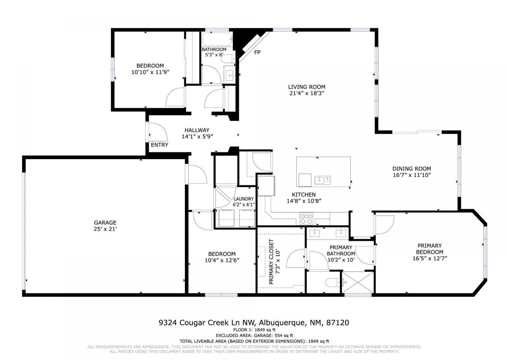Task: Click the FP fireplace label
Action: [x=257, y=52]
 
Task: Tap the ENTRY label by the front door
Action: [x=159, y=145]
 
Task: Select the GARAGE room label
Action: [x=105, y=222]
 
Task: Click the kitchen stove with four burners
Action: [x=306, y=219]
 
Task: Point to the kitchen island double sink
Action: [x=322, y=180]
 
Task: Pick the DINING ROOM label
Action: [x=412, y=169]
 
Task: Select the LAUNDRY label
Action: [x=244, y=199]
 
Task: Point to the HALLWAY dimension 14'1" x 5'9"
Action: [x=198, y=136]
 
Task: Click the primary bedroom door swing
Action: [x=384, y=225]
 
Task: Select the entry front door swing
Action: [x=155, y=132]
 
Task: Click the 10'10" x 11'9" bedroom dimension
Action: [x=150, y=72]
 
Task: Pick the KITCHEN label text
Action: [x=304, y=195]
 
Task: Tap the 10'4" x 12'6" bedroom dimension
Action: [x=222, y=261]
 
